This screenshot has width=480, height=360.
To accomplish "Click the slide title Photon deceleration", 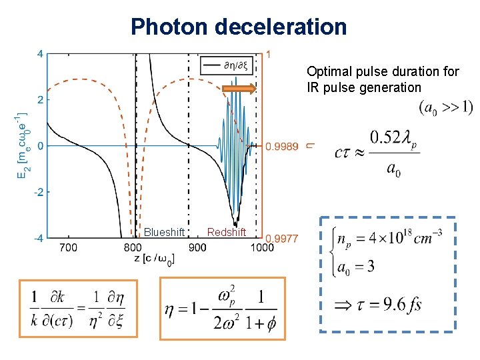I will [239, 27].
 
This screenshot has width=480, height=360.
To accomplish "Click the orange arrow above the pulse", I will [239, 88].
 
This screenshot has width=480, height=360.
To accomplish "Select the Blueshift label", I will [164, 232].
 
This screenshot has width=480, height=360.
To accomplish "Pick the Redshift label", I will [227, 232].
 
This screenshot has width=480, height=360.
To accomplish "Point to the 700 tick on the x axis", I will [68, 247].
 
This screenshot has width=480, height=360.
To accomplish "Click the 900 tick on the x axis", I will [197, 247].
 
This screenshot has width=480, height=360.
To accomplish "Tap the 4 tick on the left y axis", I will [40, 54].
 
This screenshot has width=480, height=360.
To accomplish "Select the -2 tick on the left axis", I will [39, 192].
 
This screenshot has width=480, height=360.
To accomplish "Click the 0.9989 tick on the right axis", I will [282, 146].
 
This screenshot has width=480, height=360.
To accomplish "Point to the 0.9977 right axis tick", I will [282, 238].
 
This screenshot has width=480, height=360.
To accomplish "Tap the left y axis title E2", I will [22, 145].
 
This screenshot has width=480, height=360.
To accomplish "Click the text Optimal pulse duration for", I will [383, 71].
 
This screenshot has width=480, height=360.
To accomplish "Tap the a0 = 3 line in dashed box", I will [357, 267].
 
